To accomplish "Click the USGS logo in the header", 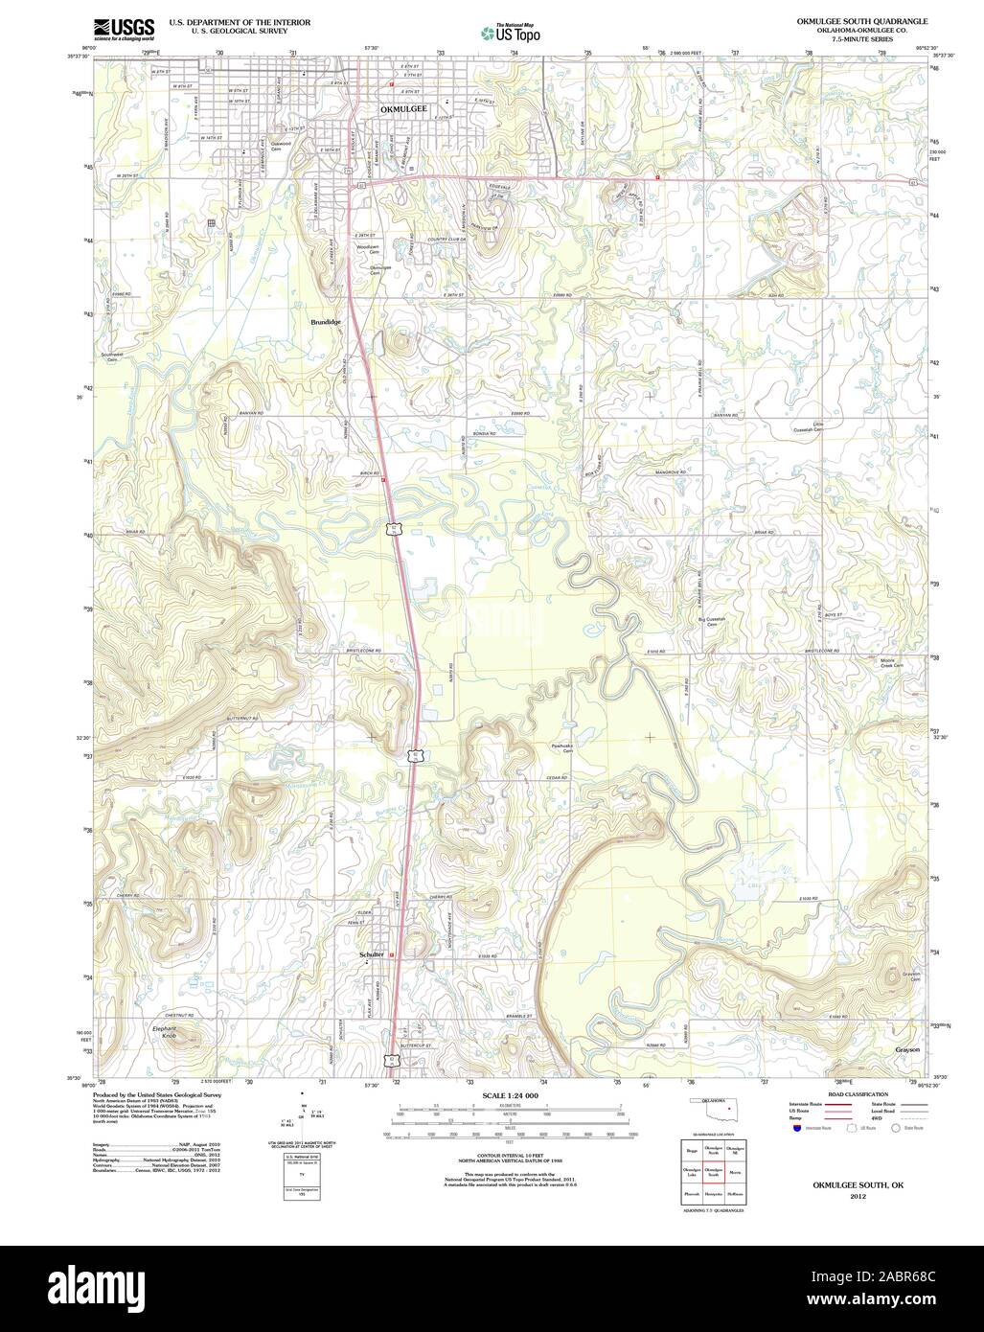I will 125,29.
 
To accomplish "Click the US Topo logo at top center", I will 511,32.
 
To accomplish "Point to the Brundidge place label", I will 326,323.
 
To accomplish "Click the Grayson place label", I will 907,1049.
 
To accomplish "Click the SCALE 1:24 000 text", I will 511,1094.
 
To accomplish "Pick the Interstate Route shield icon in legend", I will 796,1129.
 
